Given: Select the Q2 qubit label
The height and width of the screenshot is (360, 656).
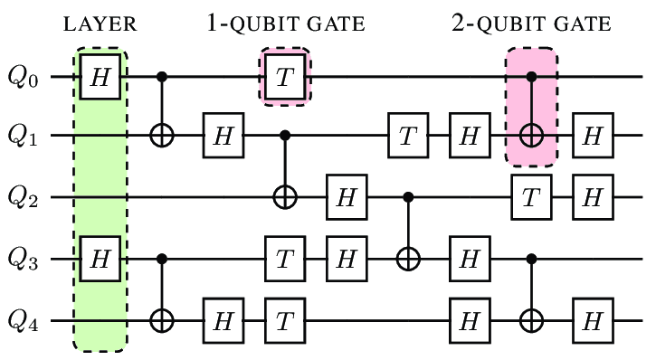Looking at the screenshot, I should tap(24, 197).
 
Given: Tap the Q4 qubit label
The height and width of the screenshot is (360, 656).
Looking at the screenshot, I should tap(24, 321).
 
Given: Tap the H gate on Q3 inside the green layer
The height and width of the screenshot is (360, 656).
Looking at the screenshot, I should tap(100, 260).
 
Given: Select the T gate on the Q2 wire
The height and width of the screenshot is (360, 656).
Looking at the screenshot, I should tap(531, 197).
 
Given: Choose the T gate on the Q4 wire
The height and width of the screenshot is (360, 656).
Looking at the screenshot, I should tap(285, 321).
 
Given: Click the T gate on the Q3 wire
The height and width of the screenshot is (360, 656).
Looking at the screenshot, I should tap(285, 260).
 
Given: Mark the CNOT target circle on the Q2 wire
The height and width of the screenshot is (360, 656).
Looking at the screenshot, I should tap(285, 197).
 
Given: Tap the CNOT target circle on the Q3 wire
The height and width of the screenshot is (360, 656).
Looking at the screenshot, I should tap(408, 260).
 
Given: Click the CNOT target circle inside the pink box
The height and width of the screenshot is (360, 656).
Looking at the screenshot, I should tap(531, 136).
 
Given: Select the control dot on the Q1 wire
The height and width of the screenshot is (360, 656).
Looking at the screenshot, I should tap(285, 136).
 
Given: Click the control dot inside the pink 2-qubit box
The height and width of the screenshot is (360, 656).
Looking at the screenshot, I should tap(531, 77).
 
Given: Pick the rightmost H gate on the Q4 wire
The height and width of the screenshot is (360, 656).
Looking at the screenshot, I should tap(593, 321).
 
